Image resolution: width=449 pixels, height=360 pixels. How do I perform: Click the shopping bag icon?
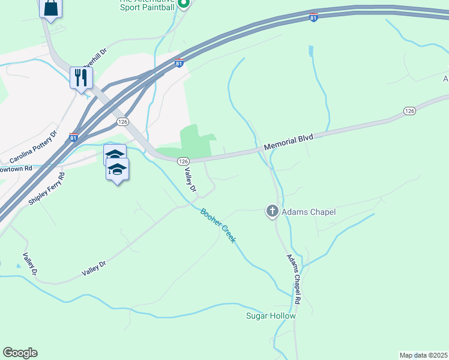[x=51, y=8]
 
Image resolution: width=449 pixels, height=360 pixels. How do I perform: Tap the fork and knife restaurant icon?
[x=81, y=77]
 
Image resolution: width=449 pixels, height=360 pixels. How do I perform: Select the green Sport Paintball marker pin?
[x=184, y=4]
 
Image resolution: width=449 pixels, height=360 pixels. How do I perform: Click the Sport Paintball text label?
[x=147, y=7]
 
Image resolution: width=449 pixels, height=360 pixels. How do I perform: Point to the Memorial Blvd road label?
[x=288, y=142]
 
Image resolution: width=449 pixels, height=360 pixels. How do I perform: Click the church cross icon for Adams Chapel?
[x=272, y=211]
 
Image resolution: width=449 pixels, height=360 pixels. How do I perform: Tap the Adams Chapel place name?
[x=309, y=212]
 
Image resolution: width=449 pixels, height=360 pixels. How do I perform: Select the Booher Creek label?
[x=218, y=226]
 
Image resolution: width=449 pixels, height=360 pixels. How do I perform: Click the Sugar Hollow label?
[x=271, y=316]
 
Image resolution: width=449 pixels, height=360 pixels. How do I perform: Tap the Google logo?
[x=20, y=353]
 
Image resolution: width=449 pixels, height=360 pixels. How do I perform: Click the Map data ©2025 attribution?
[x=423, y=355]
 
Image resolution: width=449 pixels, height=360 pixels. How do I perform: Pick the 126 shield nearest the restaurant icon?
[x=123, y=121]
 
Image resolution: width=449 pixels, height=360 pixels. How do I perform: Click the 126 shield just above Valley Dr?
[x=184, y=161]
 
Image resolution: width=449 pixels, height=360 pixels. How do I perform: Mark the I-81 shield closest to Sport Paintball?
[x=179, y=64]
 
